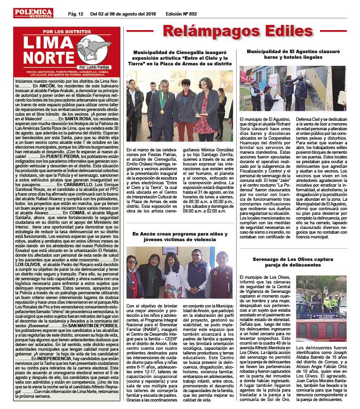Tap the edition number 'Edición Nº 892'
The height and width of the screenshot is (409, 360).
tap(184, 14)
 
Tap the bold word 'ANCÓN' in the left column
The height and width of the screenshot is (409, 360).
tap(48, 86)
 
